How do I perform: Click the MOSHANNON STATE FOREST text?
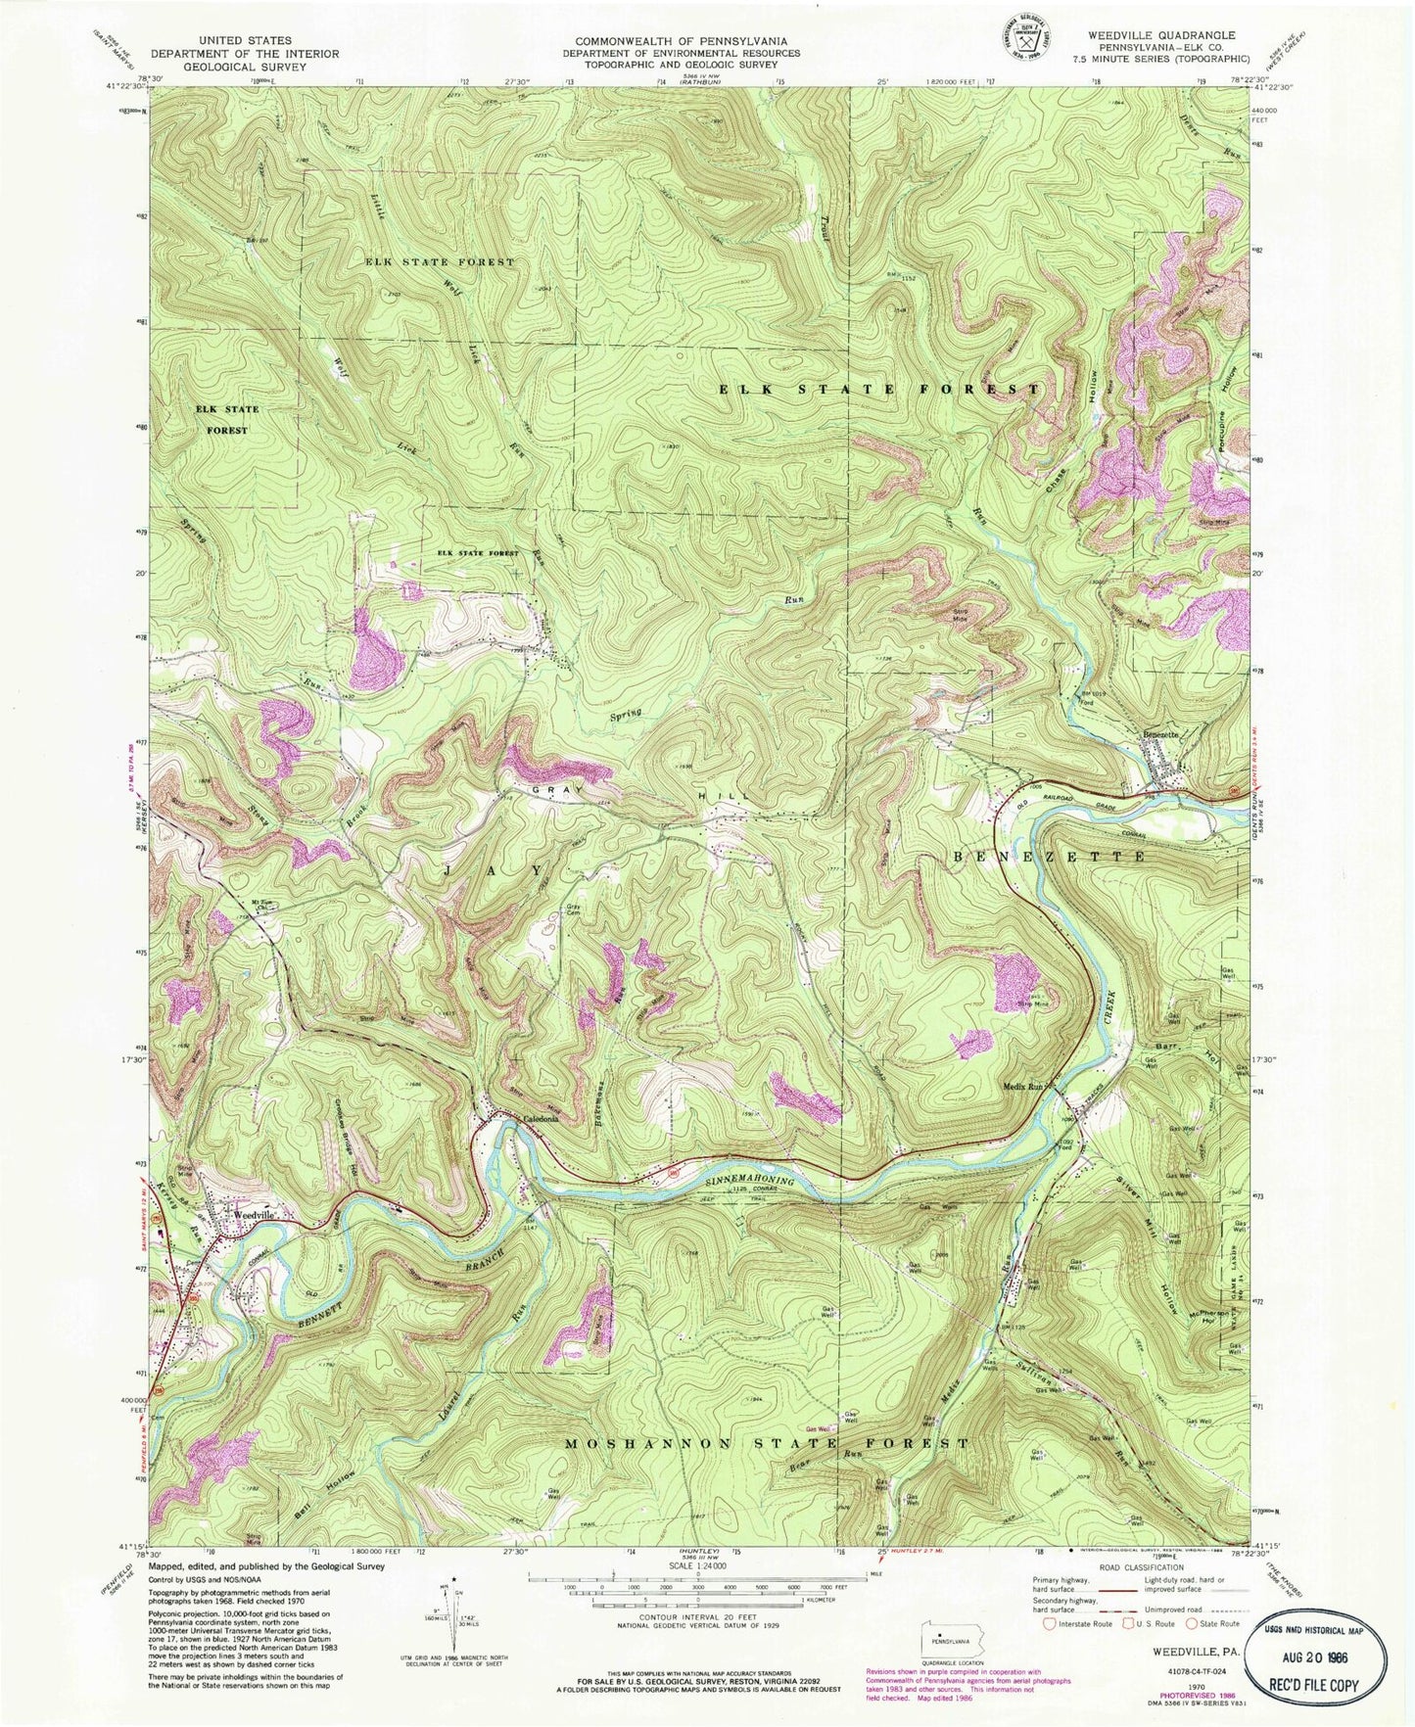click(768, 1444)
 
